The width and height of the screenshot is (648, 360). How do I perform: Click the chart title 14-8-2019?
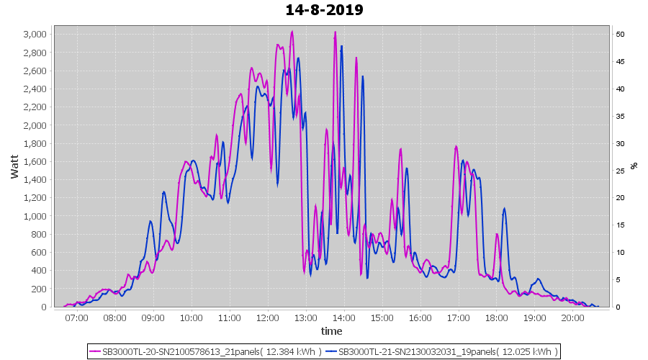(x=324, y=10)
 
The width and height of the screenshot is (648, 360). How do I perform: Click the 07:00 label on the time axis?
(x=76, y=318)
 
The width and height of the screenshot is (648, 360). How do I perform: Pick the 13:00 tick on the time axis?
(x=305, y=318)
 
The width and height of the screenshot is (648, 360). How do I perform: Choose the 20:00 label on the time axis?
(x=572, y=318)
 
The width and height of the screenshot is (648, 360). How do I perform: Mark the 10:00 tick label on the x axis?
(x=191, y=318)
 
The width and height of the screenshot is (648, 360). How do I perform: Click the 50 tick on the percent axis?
(x=619, y=34)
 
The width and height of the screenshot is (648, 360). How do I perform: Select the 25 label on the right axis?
(x=619, y=171)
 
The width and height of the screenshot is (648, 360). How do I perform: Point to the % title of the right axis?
(x=634, y=166)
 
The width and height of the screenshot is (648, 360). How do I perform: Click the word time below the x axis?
(x=331, y=331)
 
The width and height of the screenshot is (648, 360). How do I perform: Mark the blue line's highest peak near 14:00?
(x=341, y=46)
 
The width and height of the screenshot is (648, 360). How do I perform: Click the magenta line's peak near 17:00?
(x=456, y=146)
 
